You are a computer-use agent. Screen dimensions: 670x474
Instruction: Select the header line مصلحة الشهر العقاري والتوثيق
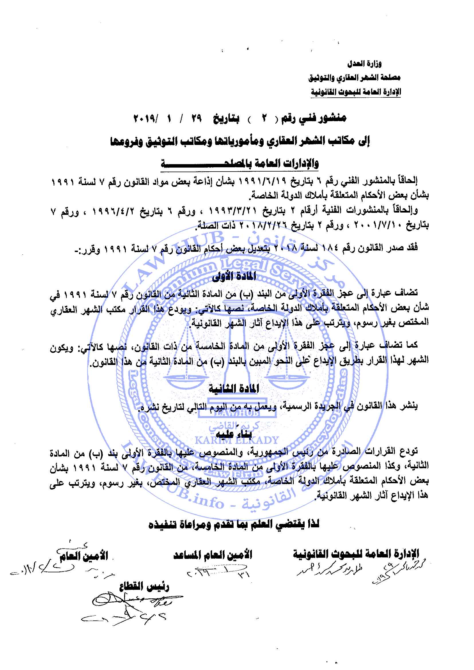354,78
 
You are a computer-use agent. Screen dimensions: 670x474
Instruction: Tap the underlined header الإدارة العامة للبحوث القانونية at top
355,92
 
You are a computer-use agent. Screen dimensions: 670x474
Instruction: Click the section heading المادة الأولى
234,276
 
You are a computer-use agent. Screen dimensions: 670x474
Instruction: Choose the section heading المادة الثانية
234,389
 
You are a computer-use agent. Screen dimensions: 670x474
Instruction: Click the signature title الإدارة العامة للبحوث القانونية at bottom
356,554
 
